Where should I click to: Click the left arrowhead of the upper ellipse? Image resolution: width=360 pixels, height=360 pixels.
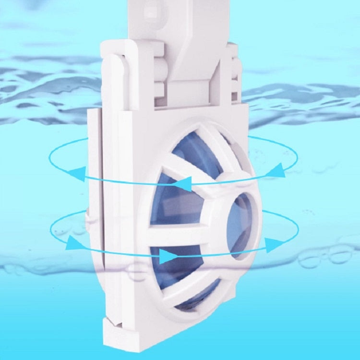pyautogui.click(x=75, y=173)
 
